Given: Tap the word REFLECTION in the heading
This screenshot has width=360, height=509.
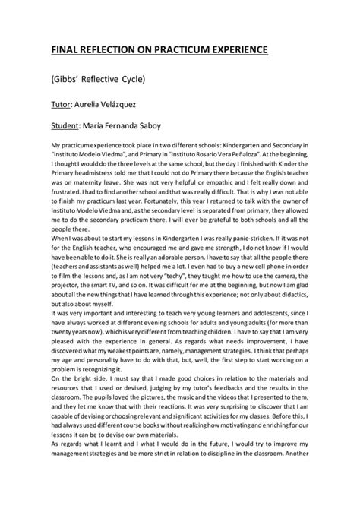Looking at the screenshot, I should point(111,50).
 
